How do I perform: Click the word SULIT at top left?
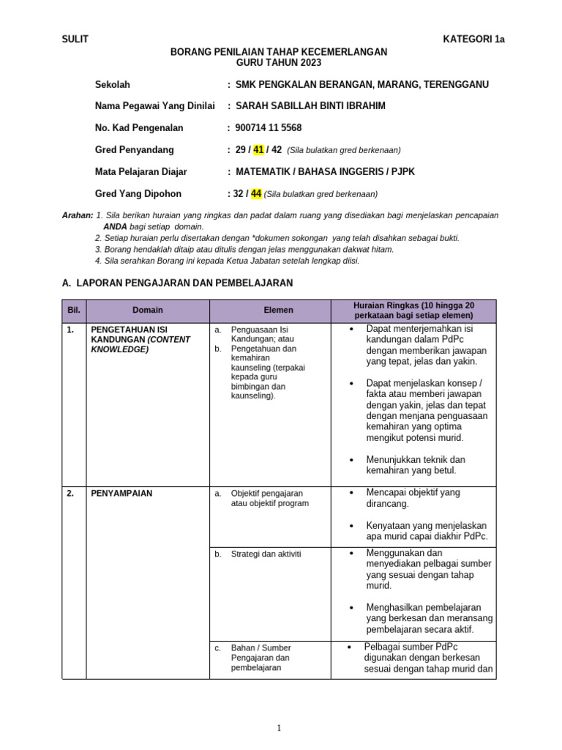75,40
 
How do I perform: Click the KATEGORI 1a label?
473,40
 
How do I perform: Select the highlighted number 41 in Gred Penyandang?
258,149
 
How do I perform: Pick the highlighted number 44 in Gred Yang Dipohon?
256,193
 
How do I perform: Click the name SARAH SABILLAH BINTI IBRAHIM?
310,105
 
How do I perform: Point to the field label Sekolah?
112,84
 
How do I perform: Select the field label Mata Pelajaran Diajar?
140,171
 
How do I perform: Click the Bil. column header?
73,311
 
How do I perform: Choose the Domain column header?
147,311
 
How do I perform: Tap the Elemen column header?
278,311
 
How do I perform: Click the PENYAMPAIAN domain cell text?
121,493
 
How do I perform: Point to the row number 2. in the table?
70,493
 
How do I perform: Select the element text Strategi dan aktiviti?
266,554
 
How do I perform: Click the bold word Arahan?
77,215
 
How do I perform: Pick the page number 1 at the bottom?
279,727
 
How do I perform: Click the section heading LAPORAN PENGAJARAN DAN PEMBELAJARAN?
183,282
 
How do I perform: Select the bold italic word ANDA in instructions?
116,227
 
